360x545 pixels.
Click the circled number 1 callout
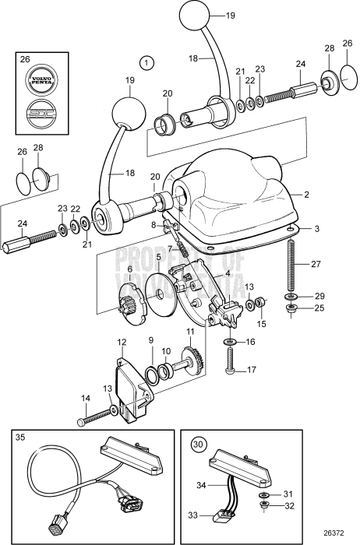pyautogui.click(x=144, y=61)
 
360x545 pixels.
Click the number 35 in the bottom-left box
pyautogui.click(x=20, y=438)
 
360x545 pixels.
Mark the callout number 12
pyautogui.click(x=122, y=342)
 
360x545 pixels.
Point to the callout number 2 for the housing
pyautogui.click(x=306, y=194)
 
